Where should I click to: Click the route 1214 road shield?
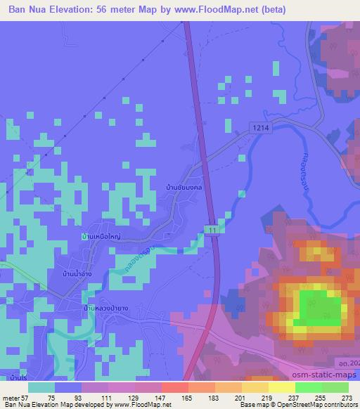(258, 124)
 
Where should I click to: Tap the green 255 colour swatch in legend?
(307, 387)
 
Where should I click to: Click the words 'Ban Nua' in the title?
(26, 8)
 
